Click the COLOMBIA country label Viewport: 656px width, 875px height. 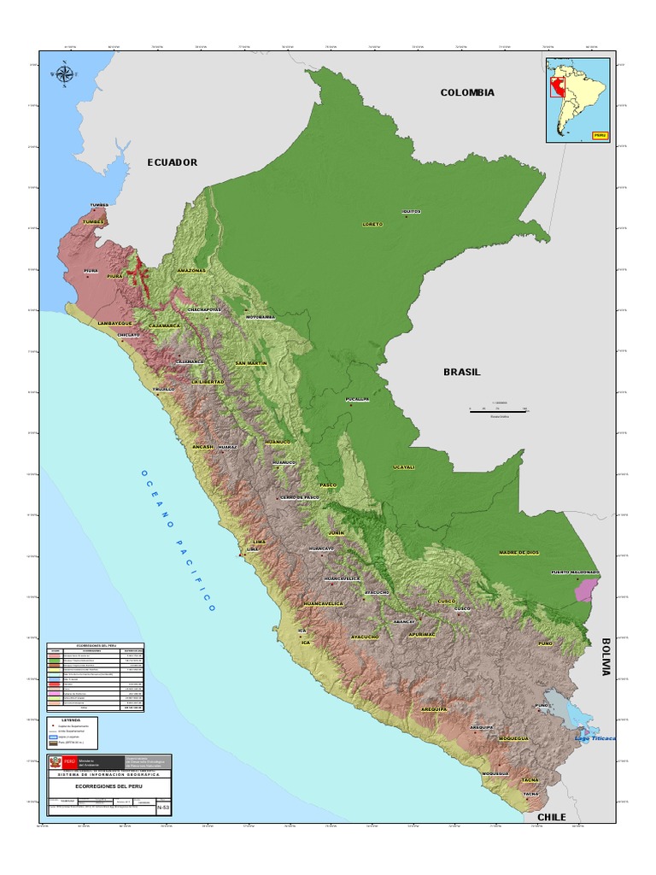pos(467,92)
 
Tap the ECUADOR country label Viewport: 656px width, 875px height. pos(172,162)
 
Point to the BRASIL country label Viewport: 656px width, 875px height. pos(461,373)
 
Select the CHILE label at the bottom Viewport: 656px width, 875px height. pos(551,818)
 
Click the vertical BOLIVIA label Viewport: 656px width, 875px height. pos(606,656)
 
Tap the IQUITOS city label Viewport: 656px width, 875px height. pos(411,211)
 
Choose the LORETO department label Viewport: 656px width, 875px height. pos(372,224)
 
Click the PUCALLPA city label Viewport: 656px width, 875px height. pos(357,399)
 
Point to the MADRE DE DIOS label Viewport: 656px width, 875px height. pos(519,553)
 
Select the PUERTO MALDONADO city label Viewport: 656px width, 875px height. pos(574,572)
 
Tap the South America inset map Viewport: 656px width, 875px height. pos(578,100)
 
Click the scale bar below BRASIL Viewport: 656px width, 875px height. pos(497,410)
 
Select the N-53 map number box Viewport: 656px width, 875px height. pos(164,806)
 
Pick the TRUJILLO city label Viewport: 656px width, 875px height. pos(163,390)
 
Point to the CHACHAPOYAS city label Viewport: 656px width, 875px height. pos(204,309)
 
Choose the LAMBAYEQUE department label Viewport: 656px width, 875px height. pos(115,323)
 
